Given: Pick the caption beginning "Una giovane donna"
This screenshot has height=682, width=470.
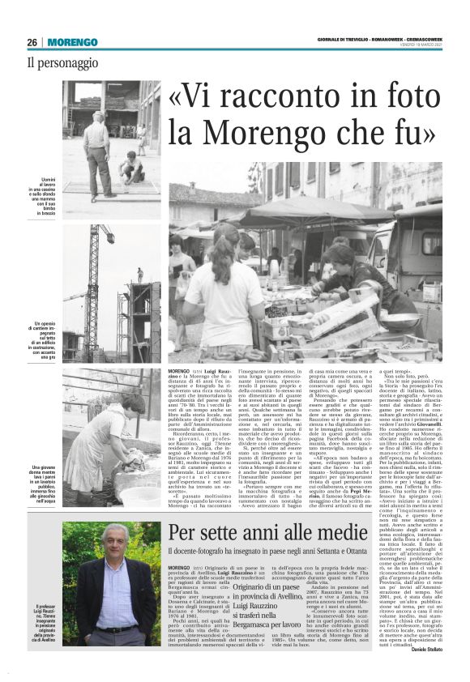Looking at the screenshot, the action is point(44,481).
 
